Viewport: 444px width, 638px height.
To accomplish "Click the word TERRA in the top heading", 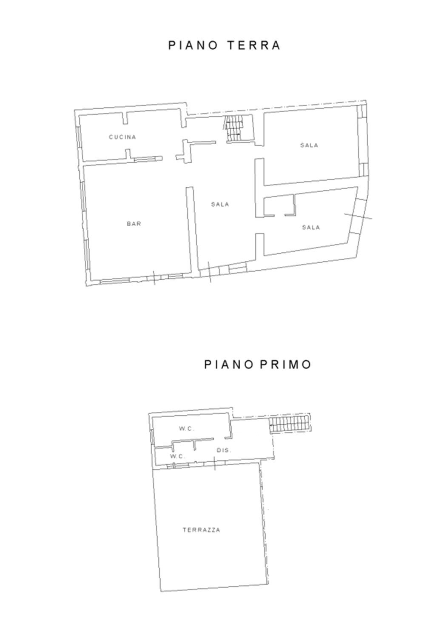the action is (253, 45).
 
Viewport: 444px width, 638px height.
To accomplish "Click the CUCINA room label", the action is (122, 137).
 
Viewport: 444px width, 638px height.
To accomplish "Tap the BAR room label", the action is (134, 224).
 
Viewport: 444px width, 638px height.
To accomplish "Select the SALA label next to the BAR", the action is (220, 204).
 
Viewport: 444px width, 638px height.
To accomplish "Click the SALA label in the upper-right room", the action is (309, 145).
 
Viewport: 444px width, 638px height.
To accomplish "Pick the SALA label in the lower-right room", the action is (311, 227).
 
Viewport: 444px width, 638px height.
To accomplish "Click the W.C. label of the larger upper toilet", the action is (187, 429).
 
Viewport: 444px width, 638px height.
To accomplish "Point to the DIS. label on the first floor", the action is (224, 450).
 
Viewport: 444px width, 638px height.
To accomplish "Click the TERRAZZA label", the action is (201, 530).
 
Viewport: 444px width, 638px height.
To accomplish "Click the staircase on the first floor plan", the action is (289, 424).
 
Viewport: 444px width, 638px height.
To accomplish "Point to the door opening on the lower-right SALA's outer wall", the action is (356, 216).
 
